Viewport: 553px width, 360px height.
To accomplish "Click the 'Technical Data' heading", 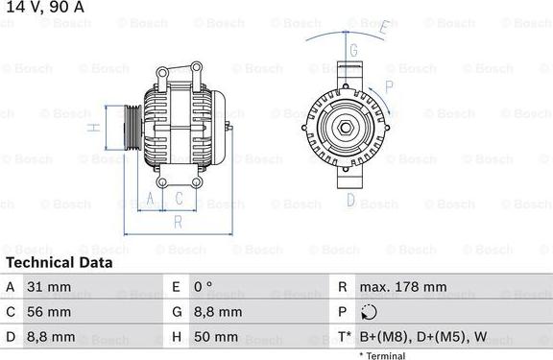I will (x=59, y=262).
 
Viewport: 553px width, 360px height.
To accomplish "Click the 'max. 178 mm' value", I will (x=404, y=287).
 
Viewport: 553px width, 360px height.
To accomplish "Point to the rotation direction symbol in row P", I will (x=371, y=312).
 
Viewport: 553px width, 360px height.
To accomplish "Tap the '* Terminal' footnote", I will (x=381, y=355).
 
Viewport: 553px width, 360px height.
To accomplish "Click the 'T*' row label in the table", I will (x=343, y=337).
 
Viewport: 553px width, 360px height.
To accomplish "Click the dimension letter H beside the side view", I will (x=94, y=127).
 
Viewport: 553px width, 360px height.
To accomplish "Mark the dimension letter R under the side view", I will (x=178, y=222).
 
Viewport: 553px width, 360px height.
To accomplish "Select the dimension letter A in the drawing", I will (x=150, y=199).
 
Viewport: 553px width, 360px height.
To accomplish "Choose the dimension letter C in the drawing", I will (x=179, y=199).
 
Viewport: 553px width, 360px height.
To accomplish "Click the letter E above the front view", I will (x=382, y=27).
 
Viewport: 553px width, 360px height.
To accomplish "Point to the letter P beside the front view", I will (x=389, y=86).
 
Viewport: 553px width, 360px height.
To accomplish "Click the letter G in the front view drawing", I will (x=353, y=50).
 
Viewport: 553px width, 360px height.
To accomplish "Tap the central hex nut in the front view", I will (x=346, y=127).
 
